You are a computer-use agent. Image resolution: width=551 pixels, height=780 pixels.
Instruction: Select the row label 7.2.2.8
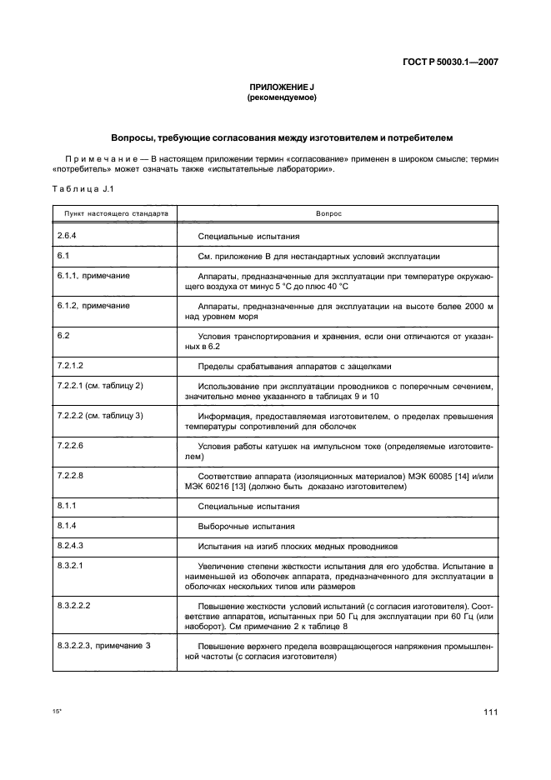(72, 473)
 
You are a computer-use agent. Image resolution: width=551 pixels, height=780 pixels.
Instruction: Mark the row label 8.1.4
(67, 526)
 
